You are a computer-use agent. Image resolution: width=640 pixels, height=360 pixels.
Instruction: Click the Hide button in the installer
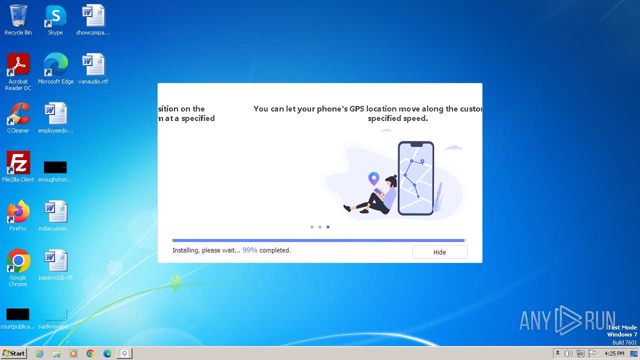439,252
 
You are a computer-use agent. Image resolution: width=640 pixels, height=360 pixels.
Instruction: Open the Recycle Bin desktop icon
18,16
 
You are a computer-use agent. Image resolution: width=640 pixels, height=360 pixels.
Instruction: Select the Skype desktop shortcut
55,16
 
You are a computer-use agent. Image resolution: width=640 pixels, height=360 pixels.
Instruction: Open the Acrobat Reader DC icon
18,65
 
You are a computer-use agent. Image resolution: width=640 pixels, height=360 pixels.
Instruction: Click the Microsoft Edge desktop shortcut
55,65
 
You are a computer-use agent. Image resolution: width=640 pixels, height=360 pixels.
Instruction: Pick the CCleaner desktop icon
18,114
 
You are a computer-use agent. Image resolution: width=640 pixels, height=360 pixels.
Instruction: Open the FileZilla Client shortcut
18,163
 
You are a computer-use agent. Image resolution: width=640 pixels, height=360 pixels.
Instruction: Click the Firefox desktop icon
18,212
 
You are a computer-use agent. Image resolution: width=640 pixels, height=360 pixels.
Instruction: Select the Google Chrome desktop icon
18,261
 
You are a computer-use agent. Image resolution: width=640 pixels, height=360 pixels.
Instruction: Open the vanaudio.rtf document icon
93,65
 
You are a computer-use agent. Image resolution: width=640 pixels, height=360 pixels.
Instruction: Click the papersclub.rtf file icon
55,261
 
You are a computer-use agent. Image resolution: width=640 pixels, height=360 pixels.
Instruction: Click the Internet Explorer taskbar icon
39,353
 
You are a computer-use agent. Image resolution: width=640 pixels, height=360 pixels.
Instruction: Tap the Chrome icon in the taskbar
90,353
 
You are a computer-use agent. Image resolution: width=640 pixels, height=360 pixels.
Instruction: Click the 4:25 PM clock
614,353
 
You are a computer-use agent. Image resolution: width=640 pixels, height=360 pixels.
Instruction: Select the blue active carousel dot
328,227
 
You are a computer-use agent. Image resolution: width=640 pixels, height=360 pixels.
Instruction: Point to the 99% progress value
250,250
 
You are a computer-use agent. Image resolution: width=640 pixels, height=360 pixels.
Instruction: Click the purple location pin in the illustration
373,178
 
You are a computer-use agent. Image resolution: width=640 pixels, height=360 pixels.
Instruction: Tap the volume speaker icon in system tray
568,353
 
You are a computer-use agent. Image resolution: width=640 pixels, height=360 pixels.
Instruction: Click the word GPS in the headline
356,108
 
